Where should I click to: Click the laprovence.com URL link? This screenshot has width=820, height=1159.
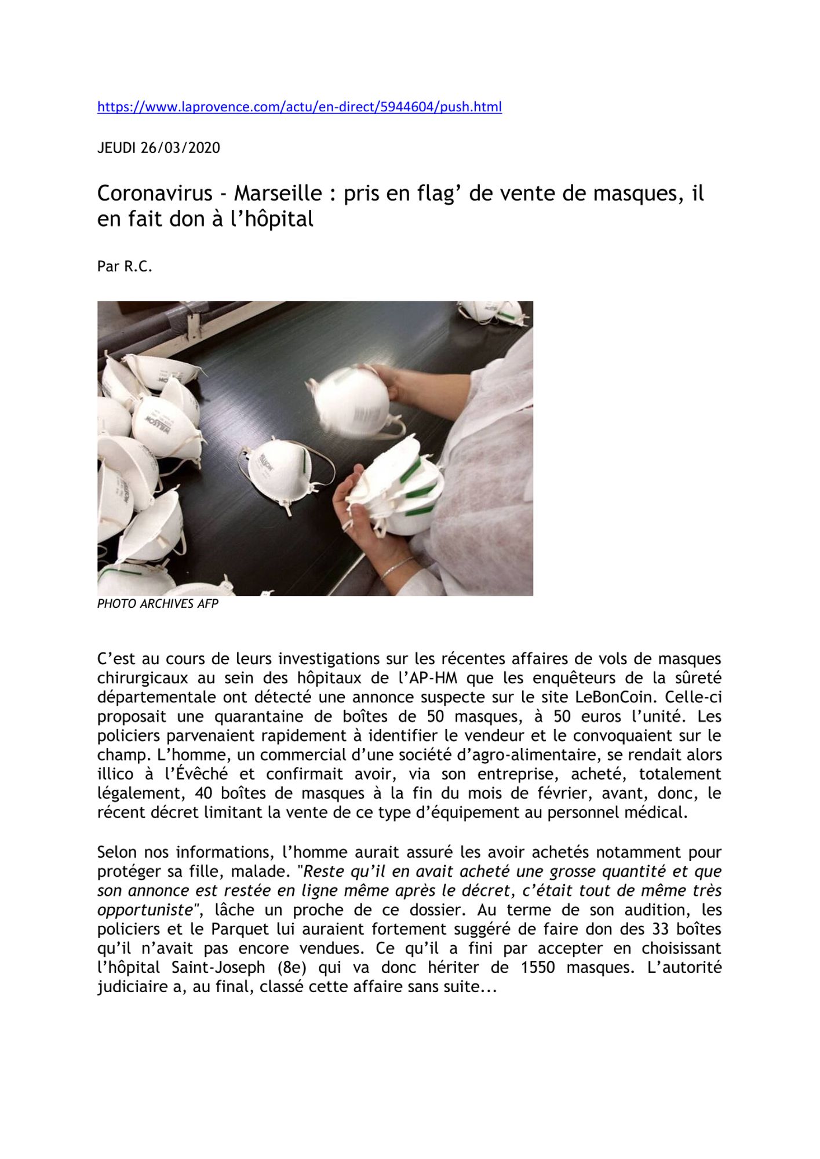[299, 107]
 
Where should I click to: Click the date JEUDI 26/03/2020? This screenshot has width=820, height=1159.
[158, 148]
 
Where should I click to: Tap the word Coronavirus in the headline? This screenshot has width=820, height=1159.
[155, 193]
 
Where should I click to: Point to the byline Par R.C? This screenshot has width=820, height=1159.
[125, 267]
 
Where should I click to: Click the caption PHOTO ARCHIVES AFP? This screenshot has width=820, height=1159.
[158, 604]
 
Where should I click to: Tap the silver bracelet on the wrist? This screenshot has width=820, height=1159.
[397, 568]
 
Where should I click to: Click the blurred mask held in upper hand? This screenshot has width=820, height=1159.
[353, 400]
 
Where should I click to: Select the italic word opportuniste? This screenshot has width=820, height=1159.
[144, 910]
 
